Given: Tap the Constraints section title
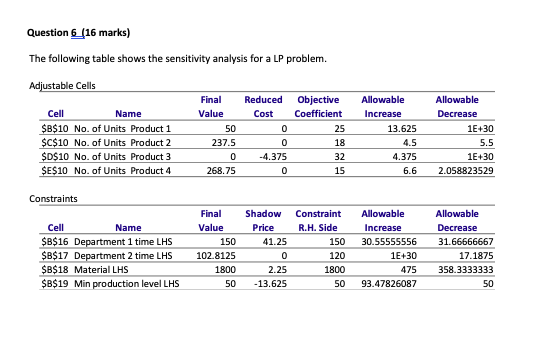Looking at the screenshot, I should [49, 199].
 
